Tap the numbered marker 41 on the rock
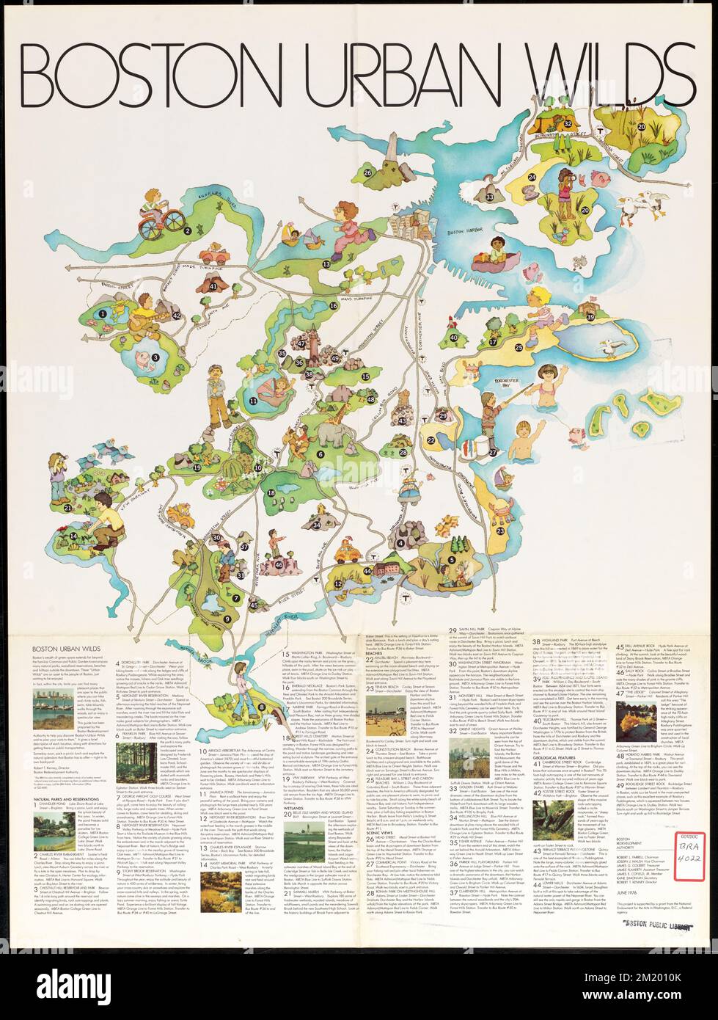pyautogui.click(x=213, y=286)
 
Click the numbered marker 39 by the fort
pyautogui.click(x=589, y=316)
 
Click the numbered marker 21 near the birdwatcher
pyautogui.click(x=67, y=507)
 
